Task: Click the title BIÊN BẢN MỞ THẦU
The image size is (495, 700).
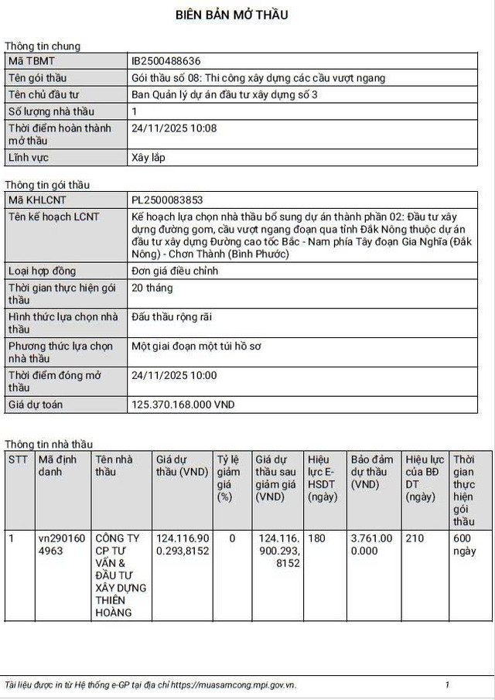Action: click(232, 15)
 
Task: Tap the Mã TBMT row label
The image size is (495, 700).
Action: click(32, 60)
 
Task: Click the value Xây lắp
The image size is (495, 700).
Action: click(148, 158)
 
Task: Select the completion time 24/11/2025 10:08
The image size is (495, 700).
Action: click(175, 128)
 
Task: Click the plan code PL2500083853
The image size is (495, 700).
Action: click(168, 200)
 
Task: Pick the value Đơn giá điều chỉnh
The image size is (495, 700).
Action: click(175, 271)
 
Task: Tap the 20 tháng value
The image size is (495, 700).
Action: click(152, 288)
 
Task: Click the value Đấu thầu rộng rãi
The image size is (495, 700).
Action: click(172, 317)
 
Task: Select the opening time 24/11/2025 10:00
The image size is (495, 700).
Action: click(175, 375)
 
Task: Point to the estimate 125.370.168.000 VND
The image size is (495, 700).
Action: click(183, 405)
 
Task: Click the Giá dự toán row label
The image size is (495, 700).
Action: click(36, 405)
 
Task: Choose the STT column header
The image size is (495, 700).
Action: click(18, 459)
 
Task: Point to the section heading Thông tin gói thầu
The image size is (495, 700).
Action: click(47, 185)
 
